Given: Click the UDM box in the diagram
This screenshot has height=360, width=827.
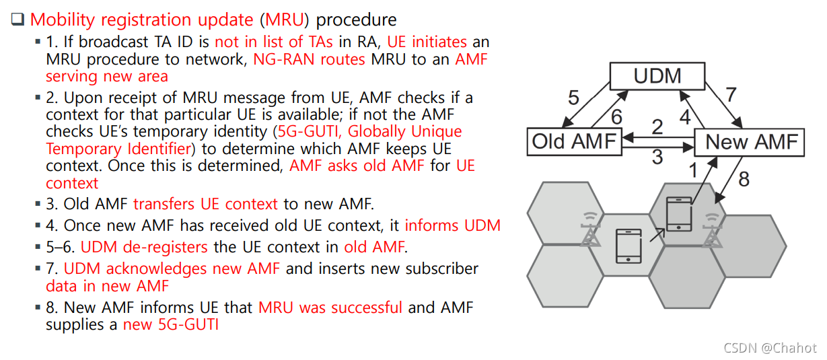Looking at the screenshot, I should click(657, 76).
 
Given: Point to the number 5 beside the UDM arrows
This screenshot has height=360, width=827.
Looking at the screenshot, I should click(573, 98).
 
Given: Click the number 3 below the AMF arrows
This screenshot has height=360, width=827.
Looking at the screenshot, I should click(657, 157).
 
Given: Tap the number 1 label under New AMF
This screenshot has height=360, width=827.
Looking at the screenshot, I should click(692, 170).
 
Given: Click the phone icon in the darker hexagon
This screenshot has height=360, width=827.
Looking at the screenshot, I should click(678, 215).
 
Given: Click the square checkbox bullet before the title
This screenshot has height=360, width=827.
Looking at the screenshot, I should click(17, 20).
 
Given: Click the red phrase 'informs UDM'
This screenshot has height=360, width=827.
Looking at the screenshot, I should click(453, 225).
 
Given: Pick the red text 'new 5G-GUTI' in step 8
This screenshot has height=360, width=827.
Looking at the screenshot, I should click(171, 325).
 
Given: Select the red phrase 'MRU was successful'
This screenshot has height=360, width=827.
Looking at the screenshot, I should click(330, 308).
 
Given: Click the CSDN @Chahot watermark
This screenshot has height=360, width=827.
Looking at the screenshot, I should click(770, 347).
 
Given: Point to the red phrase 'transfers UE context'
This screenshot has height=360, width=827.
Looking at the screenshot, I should click(205, 203).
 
